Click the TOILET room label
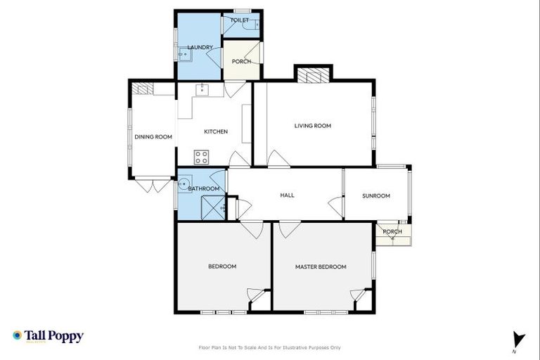pyautogui.click(x=239, y=20)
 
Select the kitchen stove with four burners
pyautogui.click(x=202, y=157)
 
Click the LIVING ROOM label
pyautogui.click(x=312, y=126)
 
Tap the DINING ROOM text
pyautogui.click(x=153, y=136)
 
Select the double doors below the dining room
pyautogui.click(x=153, y=185)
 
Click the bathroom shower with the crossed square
pyautogui.click(x=212, y=208)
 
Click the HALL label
pyautogui.click(x=287, y=195)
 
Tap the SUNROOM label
pyautogui.click(x=376, y=195)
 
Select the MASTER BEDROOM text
pyautogui.click(x=321, y=266)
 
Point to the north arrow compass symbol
pyautogui.click(x=519, y=339)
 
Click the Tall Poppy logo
pyautogui.click(x=48, y=336)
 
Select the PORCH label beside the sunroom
pyautogui.click(x=392, y=231)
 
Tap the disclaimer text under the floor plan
pyautogui.click(x=270, y=347)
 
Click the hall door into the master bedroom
pyautogui.click(x=289, y=229)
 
